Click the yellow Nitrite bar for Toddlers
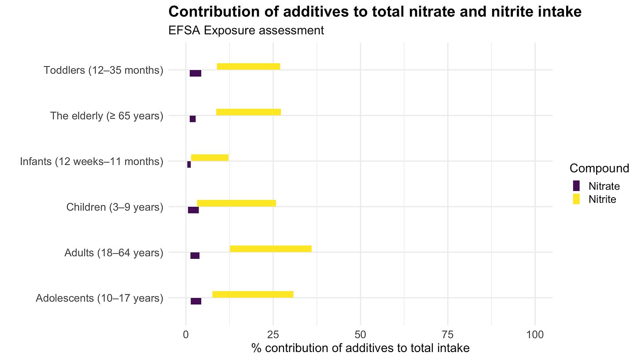pyautogui.click(x=248, y=66)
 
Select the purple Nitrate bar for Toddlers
pyautogui.click(x=195, y=73)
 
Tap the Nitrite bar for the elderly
pyautogui.click(x=248, y=112)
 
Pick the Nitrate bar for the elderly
pyautogui.click(x=192, y=119)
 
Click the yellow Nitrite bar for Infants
pyautogui.click(x=210, y=158)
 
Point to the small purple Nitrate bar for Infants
pyautogui.click(x=189, y=165)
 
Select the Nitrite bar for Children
pyautogui.click(x=236, y=203)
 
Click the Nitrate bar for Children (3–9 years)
pyautogui.click(x=193, y=210)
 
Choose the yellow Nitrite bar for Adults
pyautogui.click(x=270, y=249)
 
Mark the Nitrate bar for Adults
pyautogui.click(x=195, y=256)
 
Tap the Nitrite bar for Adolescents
pyautogui.click(x=253, y=294)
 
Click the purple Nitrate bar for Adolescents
pyautogui.click(x=196, y=301)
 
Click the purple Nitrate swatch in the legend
pyautogui.click(x=576, y=186)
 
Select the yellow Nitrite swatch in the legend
pyautogui.click(x=576, y=199)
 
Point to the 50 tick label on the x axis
pyautogui.click(x=360, y=335)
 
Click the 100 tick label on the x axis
pyautogui.click(x=535, y=335)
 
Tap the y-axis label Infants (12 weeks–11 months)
pyautogui.click(x=92, y=162)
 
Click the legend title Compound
pyautogui.click(x=599, y=169)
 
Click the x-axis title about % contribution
pyautogui.click(x=360, y=349)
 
